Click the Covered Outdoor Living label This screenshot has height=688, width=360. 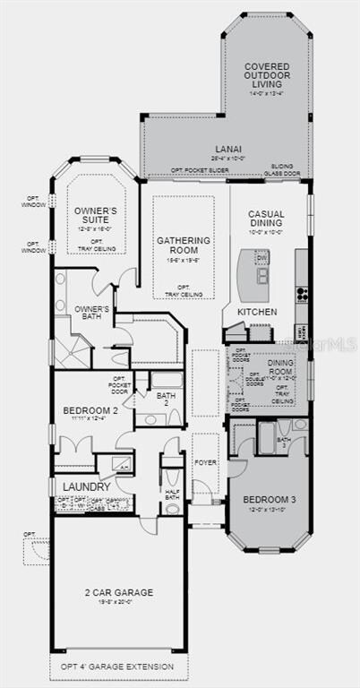[x=267, y=75]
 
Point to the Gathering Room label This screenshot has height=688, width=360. [x=184, y=245]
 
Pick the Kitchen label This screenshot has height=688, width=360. [x=257, y=311]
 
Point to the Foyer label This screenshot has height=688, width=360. [x=206, y=463]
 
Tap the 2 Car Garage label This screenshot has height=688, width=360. [x=119, y=592]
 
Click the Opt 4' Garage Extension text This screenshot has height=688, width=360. [x=119, y=667]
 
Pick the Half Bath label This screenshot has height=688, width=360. [x=172, y=492]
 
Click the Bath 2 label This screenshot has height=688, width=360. [x=166, y=399]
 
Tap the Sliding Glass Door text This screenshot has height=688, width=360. [x=287, y=172]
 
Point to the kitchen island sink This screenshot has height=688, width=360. [x=262, y=275]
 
